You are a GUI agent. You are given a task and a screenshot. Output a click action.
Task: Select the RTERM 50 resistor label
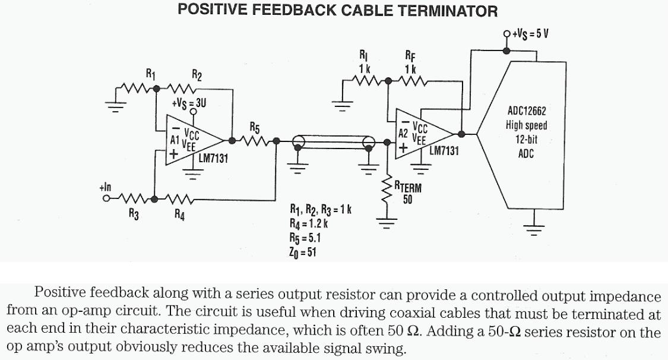coord(408,193)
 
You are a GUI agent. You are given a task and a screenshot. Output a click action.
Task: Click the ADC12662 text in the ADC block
coord(527,111)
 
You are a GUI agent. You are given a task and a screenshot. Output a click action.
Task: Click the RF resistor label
coord(410,58)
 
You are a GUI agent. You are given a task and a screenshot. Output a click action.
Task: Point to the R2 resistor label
coord(197,75)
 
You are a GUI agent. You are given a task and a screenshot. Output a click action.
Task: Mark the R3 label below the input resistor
coord(134,215)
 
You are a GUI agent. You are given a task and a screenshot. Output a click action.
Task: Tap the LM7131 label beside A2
coord(444,151)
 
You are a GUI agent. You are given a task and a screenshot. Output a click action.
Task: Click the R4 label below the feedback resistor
coord(179,216)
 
